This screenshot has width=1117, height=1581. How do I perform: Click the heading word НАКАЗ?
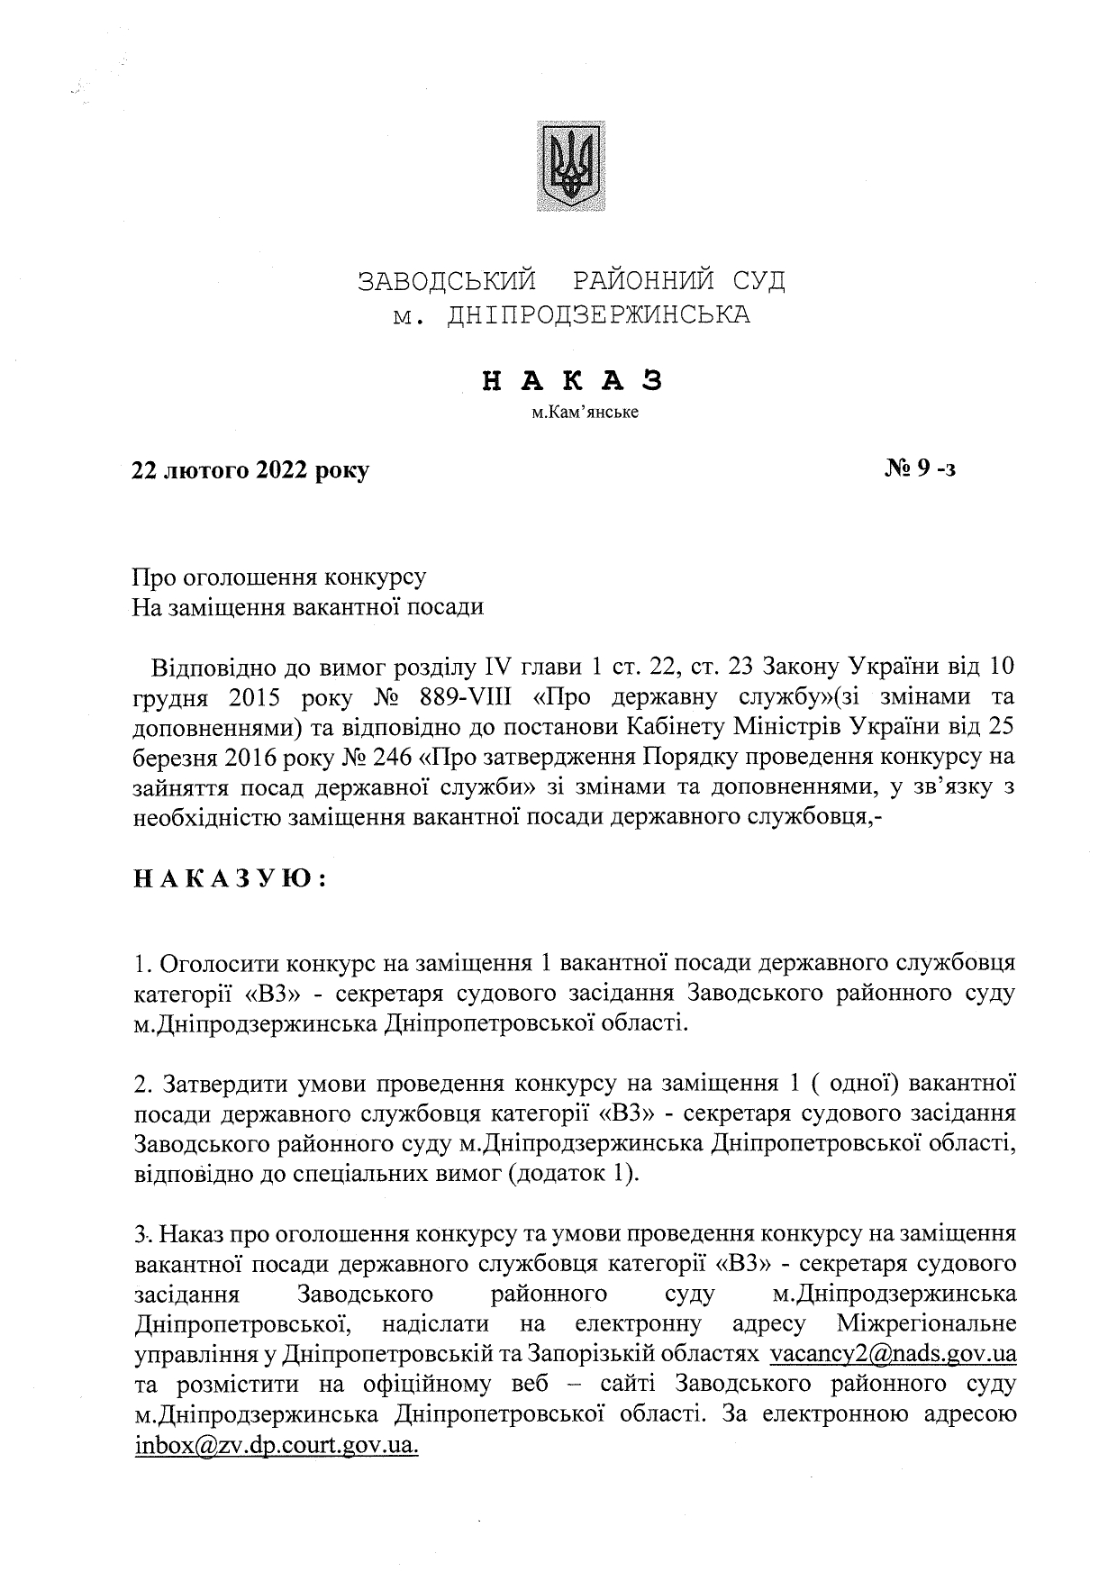573,381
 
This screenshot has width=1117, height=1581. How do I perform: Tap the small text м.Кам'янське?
573,414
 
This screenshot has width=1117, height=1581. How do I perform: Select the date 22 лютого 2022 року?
250,469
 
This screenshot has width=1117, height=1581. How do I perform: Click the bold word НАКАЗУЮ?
229,878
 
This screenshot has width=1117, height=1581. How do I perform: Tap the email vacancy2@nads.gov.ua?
894,1354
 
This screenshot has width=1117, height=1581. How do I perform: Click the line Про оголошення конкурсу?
279,577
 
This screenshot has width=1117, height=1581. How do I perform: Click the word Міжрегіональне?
926,1323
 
